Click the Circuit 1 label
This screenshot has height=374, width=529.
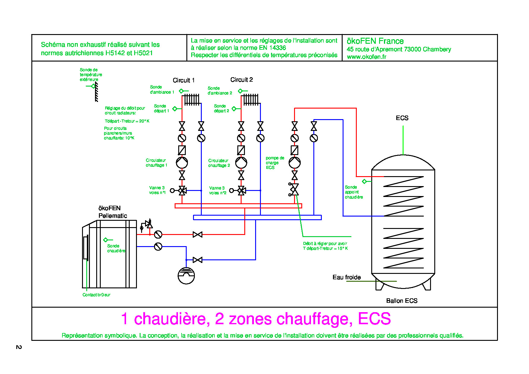183,80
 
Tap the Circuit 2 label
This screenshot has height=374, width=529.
241,80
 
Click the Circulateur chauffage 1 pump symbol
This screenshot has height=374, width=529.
182,163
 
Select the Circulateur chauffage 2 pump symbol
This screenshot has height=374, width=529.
241,163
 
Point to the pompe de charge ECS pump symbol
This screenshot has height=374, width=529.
295,163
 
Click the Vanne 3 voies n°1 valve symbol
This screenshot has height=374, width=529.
182,190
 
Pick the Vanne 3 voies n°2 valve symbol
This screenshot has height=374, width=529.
241,190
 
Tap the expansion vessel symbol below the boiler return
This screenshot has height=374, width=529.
186,276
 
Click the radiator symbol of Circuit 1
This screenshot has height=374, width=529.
192,100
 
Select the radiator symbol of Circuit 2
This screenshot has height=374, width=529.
251,100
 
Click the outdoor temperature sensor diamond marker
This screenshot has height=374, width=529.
93,86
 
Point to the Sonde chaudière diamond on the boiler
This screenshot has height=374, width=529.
106,240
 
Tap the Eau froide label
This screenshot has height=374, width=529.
347,277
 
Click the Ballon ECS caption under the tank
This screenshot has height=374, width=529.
402,301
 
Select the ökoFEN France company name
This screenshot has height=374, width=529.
375,41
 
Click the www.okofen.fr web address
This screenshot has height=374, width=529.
366,57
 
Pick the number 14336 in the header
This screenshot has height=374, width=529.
277,48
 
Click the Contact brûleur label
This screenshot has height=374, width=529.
96,295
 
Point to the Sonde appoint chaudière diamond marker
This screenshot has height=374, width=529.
364,181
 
